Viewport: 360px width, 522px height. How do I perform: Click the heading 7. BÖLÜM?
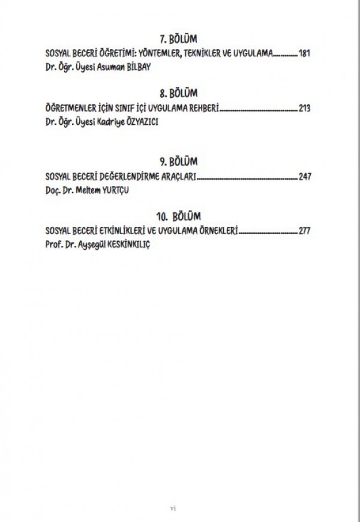coord(178,39)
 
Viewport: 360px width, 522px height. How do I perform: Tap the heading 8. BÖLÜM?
coord(178,93)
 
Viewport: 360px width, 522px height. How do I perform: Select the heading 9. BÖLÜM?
coord(178,161)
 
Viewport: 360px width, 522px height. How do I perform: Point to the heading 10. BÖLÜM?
coord(179,217)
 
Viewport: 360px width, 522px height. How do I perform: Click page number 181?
coord(304,53)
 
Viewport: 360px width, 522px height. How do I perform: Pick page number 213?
coord(304,108)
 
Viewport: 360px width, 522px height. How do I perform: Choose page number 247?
coord(305,176)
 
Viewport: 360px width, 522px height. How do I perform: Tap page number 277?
coord(304,231)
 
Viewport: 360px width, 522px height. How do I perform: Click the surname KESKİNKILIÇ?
coord(128,245)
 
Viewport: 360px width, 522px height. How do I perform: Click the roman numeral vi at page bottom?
coord(173,508)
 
